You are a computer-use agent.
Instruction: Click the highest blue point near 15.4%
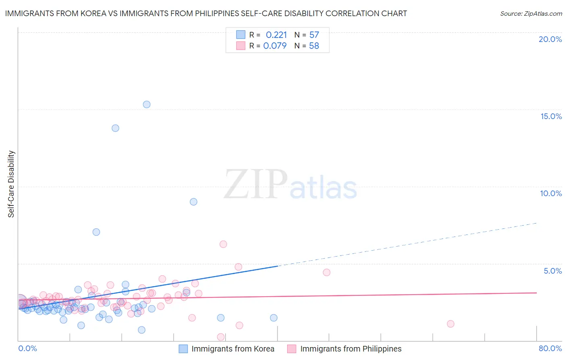click(147, 105)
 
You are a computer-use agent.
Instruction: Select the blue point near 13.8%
click(115, 128)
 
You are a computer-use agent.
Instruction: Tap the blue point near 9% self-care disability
click(194, 202)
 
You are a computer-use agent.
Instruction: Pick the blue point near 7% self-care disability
click(96, 232)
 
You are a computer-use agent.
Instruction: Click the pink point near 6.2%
click(223, 244)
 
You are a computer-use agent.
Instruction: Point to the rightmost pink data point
click(451, 324)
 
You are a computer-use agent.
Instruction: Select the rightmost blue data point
click(274, 318)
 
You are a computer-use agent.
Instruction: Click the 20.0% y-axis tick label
click(550, 39)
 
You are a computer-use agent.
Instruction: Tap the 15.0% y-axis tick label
click(551, 116)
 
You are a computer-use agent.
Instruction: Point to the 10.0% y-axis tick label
click(551, 193)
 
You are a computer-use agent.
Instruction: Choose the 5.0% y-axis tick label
click(552, 271)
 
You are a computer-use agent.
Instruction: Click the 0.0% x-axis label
click(28, 348)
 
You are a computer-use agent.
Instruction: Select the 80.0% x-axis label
click(550, 348)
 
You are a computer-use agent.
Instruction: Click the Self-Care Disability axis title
click(11, 184)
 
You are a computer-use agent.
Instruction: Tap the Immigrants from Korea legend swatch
click(183, 349)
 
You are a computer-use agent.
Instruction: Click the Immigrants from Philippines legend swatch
click(292, 349)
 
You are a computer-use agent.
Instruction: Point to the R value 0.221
click(276, 35)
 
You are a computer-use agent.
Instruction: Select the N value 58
click(314, 46)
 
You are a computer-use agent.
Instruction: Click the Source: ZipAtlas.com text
click(531, 14)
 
